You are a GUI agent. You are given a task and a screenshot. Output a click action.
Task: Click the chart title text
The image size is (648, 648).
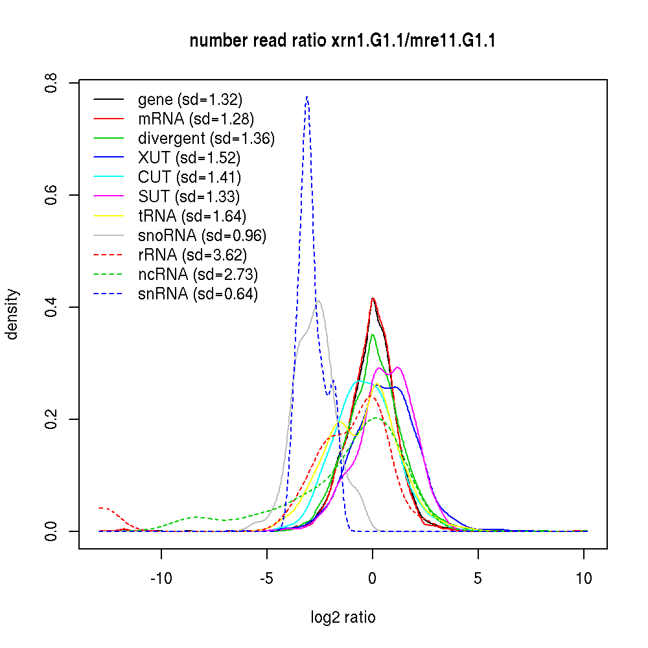(343, 41)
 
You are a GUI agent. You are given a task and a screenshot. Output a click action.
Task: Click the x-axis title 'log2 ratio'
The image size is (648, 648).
(343, 617)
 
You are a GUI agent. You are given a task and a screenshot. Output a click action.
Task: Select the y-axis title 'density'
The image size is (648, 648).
(12, 314)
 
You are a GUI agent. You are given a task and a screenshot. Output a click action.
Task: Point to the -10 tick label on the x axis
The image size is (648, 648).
(161, 579)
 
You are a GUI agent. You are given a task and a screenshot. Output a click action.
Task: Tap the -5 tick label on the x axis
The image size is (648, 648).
(267, 579)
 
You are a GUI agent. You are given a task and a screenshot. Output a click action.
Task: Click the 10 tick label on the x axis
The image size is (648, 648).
(584, 579)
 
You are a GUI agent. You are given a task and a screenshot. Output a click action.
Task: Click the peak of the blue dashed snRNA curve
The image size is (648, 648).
(307, 97)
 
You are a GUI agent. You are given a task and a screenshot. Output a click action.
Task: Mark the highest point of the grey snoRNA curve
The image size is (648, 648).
(318, 300)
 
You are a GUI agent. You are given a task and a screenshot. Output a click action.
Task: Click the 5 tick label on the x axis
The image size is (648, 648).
(478, 579)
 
